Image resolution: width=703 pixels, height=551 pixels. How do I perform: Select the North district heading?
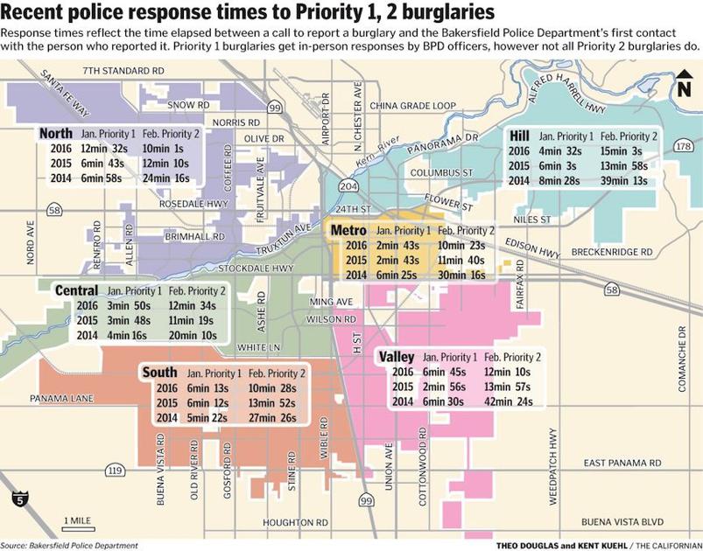(x=56, y=134)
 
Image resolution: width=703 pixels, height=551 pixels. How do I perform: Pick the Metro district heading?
(x=348, y=230)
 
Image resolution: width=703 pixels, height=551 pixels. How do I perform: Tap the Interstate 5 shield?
(x=19, y=500)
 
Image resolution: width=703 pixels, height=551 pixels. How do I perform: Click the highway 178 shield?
(x=683, y=147)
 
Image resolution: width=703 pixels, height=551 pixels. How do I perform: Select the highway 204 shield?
(x=348, y=187)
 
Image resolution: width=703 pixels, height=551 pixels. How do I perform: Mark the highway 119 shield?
(x=114, y=471)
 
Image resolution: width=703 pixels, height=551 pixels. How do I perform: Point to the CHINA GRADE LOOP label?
(x=413, y=105)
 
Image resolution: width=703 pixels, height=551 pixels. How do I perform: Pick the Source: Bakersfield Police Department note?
(x=69, y=545)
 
